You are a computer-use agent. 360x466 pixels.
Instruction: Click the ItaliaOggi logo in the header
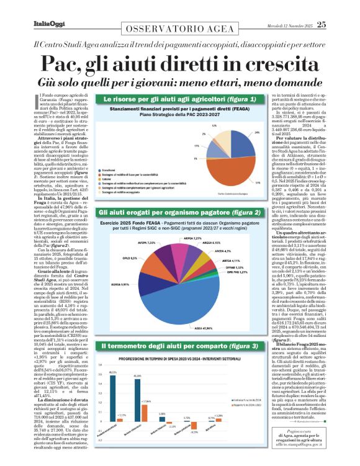[x=47, y=24]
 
